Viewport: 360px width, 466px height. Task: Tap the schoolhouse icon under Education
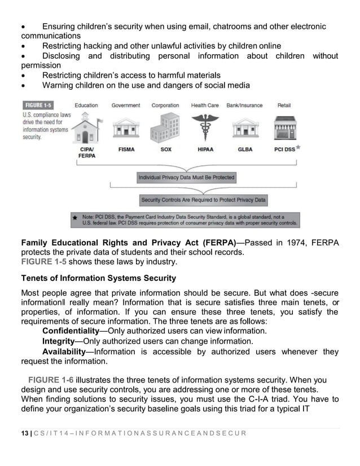[x=86, y=127]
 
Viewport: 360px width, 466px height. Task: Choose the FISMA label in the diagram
[x=126, y=150]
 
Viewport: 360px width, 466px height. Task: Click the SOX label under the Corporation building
[x=166, y=150]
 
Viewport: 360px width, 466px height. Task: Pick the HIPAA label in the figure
[x=204, y=150]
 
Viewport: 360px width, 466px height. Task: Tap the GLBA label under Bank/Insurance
[x=245, y=150]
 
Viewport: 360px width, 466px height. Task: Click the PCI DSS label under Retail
[x=284, y=150]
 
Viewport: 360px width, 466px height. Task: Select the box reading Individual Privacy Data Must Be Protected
[x=186, y=178]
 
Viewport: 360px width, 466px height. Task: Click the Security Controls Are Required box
[x=203, y=200]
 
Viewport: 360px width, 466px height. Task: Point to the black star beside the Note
[x=75, y=217]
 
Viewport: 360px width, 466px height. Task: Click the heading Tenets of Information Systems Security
[x=98, y=278]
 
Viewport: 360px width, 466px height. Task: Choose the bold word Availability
[x=65, y=352]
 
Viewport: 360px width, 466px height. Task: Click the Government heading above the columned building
[x=126, y=105]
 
